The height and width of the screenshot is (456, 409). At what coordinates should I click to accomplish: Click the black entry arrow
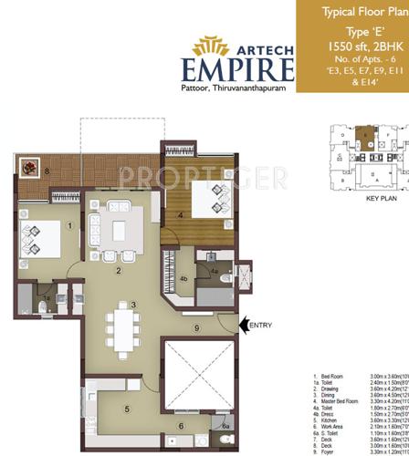[244, 324]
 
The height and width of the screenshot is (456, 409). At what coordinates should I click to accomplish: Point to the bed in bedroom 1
[37, 239]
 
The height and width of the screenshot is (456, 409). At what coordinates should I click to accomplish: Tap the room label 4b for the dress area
[184, 279]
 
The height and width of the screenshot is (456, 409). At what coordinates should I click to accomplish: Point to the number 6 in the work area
[180, 425]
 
